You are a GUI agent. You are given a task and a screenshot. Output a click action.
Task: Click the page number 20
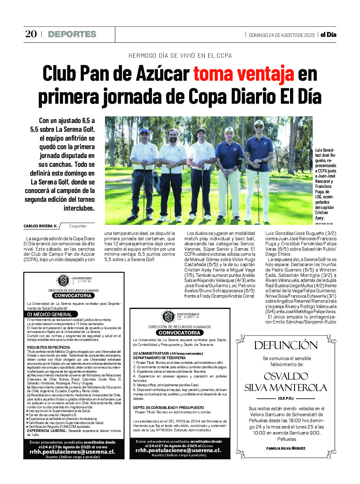31,34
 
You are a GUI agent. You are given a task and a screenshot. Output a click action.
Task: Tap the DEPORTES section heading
72,34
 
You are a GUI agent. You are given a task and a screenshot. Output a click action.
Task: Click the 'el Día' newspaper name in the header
328,35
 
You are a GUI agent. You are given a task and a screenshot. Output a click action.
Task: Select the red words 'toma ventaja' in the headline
244,74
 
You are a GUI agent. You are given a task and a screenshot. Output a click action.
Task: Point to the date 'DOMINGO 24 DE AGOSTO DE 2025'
282,35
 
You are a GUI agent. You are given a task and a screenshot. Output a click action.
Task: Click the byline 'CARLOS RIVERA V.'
40,226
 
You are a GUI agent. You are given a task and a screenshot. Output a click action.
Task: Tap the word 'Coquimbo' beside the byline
78,226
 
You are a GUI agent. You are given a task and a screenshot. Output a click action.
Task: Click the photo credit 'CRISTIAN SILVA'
324,224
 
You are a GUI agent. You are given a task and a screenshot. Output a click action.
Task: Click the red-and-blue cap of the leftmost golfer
144,131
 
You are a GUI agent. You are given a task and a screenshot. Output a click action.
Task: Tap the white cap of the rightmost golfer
259,123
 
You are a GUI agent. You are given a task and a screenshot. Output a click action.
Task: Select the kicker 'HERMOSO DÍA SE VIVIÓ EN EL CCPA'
180,56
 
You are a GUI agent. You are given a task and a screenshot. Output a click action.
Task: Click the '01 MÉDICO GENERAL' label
49,314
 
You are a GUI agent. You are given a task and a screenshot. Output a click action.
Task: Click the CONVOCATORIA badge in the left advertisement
73,296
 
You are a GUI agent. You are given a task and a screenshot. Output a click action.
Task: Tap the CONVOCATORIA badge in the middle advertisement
179,333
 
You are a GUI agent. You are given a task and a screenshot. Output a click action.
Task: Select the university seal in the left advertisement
63,280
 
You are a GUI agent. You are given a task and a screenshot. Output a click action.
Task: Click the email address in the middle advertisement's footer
178,450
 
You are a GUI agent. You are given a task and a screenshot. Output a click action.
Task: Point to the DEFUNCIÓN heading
286,345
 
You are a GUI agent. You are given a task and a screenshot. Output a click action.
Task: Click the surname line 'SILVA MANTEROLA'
286,388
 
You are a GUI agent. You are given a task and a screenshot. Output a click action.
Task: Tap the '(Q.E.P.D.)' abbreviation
286,398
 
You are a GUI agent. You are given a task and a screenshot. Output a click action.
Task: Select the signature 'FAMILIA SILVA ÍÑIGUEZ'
286,448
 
